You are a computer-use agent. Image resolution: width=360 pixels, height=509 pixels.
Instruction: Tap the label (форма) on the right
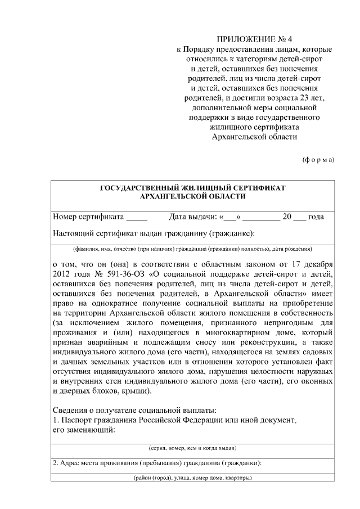[318, 159]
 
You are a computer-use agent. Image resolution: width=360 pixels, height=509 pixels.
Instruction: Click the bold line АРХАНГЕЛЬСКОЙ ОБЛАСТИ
[192, 196]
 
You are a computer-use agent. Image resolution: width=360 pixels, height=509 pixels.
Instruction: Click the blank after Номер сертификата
[137, 217]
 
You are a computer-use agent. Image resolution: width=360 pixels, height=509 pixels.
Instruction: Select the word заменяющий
[91, 430]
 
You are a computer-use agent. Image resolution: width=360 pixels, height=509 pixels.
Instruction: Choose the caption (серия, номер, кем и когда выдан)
[192, 448]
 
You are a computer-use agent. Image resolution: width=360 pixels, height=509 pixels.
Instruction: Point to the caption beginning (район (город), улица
[192, 478]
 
